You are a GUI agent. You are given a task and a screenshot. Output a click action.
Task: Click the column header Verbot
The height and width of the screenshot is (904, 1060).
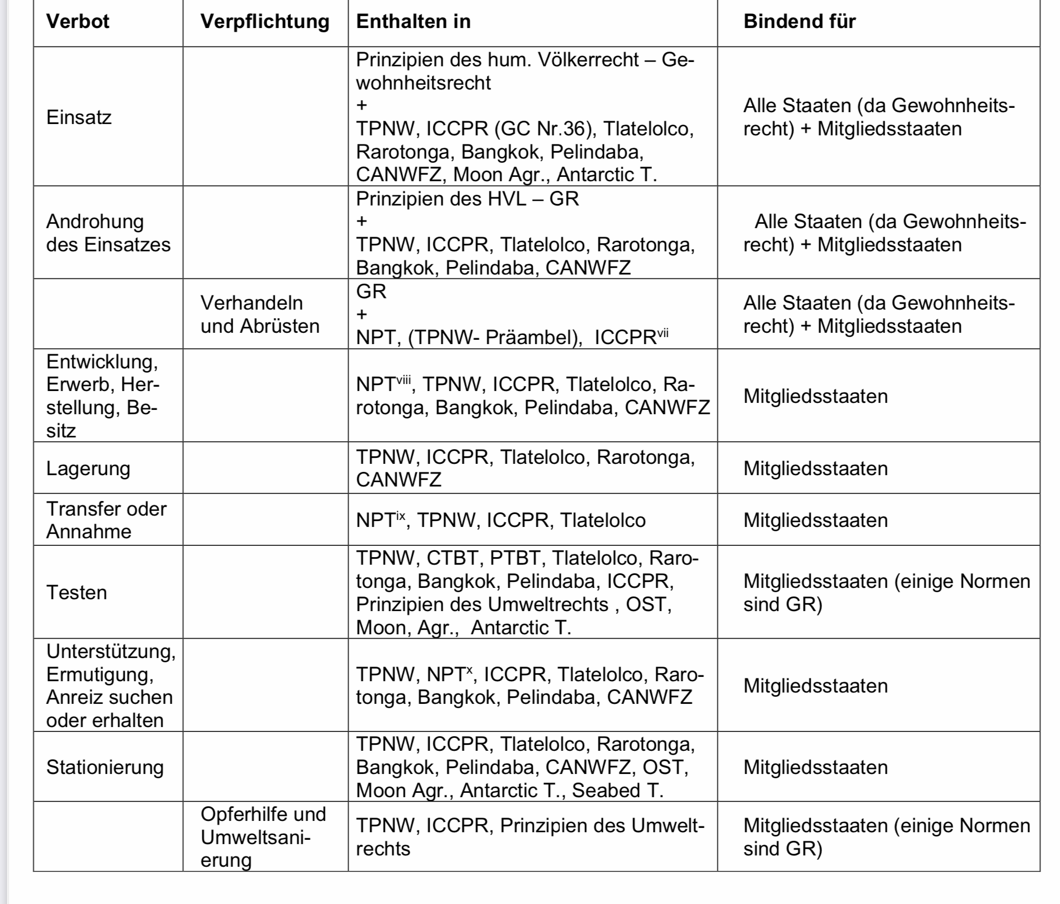78,22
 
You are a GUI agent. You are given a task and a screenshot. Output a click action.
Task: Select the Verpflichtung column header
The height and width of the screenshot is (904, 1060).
264,22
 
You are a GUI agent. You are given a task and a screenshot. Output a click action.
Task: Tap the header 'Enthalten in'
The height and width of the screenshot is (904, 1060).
413,22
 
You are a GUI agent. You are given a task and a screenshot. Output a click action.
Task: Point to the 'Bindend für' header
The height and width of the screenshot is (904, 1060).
799,22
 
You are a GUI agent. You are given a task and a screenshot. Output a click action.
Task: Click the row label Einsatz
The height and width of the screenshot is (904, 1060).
79,117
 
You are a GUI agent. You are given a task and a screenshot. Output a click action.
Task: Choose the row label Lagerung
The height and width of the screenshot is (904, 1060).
88,468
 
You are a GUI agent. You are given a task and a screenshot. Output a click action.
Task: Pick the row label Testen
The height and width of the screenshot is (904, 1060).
77,592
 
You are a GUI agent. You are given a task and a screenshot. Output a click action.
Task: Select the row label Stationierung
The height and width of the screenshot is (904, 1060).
105,767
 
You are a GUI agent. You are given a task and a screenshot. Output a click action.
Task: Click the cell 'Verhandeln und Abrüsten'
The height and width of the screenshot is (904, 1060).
260,314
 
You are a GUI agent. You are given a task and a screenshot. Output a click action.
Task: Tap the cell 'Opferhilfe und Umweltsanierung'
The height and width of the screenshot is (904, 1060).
263,837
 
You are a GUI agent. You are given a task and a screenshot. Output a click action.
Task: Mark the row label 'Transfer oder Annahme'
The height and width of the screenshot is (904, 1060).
106,520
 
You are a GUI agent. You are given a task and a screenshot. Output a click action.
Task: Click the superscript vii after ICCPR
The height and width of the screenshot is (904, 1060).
663,333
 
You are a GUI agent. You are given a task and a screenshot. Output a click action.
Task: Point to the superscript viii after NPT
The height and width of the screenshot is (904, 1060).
403,380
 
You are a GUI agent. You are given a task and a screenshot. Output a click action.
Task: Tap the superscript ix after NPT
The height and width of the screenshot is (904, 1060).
400,516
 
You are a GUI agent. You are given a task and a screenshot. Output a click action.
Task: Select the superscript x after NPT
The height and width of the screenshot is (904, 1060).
469,670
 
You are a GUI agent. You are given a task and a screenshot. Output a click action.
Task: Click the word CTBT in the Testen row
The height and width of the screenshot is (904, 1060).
452,558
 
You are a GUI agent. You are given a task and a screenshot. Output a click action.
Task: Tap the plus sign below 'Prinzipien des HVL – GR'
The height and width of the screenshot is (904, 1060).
362,221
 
